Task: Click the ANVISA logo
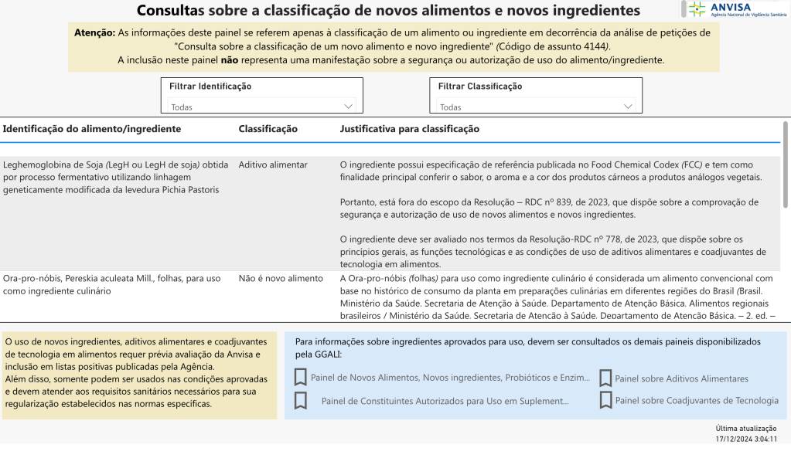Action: [x=735, y=9]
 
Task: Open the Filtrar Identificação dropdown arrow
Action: [x=347, y=106]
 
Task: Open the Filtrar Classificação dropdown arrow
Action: [x=627, y=106]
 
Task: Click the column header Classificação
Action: [x=268, y=129]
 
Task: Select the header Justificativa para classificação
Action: [x=409, y=129]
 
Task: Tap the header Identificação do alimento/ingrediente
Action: [x=92, y=129]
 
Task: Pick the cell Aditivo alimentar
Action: [x=273, y=165]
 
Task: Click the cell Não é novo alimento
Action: [x=281, y=278]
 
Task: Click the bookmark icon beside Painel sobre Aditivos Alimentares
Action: [x=605, y=378]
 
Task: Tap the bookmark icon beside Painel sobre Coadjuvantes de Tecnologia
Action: [x=605, y=400]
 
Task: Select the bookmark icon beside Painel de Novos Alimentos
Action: [x=301, y=378]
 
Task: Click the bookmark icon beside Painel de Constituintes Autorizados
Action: [x=301, y=401]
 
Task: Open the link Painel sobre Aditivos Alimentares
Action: [x=681, y=378]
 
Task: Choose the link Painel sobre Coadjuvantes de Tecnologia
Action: [x=697, y=400]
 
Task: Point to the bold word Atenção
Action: [x=94, y=33]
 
